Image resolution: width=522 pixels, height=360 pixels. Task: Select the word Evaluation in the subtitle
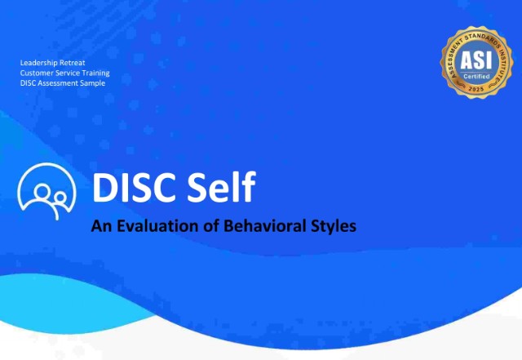pyautogui.click(x=158, y=226)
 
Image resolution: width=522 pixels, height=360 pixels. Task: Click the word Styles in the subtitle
pyautogui.click(x=331, y=226)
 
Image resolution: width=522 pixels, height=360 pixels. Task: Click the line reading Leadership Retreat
pyautogui.click(x=53, y=63)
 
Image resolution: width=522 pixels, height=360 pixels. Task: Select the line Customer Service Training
pyautogui.click(x=65, y=73)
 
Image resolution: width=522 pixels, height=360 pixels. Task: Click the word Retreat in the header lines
pyautogui.click(x=71, y=63)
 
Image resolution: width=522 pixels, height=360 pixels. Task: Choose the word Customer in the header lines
pyautogui.click(x=37, y=73)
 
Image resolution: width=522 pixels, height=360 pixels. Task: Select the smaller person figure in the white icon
pyautogui.click(x=59, y=200)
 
